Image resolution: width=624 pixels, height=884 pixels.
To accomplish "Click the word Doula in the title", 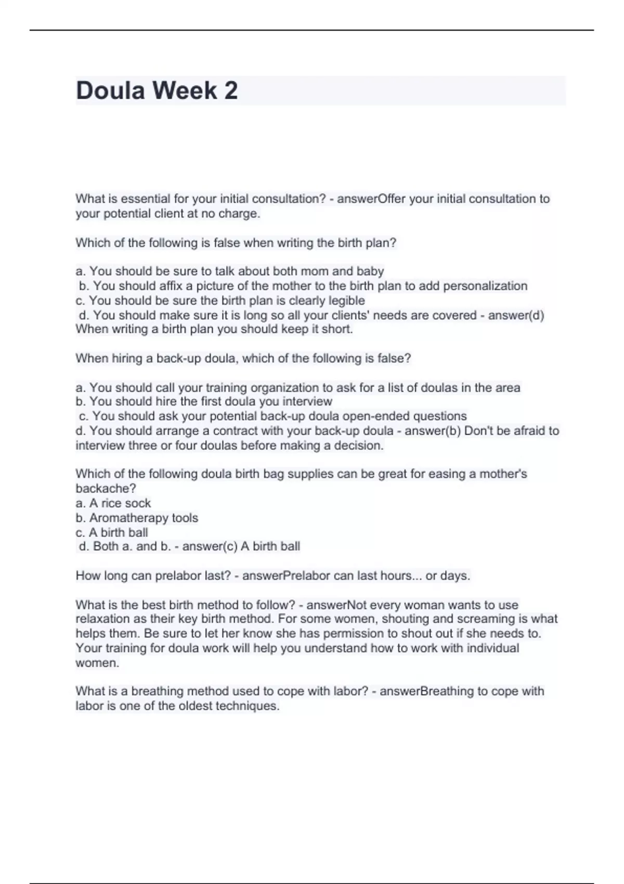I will [110, 90].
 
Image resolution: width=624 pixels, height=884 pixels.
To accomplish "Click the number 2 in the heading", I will [231, 90].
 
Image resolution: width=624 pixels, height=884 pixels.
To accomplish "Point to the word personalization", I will [485, 286].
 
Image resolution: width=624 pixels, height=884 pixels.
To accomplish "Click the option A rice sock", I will [120, 503].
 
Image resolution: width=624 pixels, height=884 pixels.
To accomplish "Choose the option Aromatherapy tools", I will [144, 518].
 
